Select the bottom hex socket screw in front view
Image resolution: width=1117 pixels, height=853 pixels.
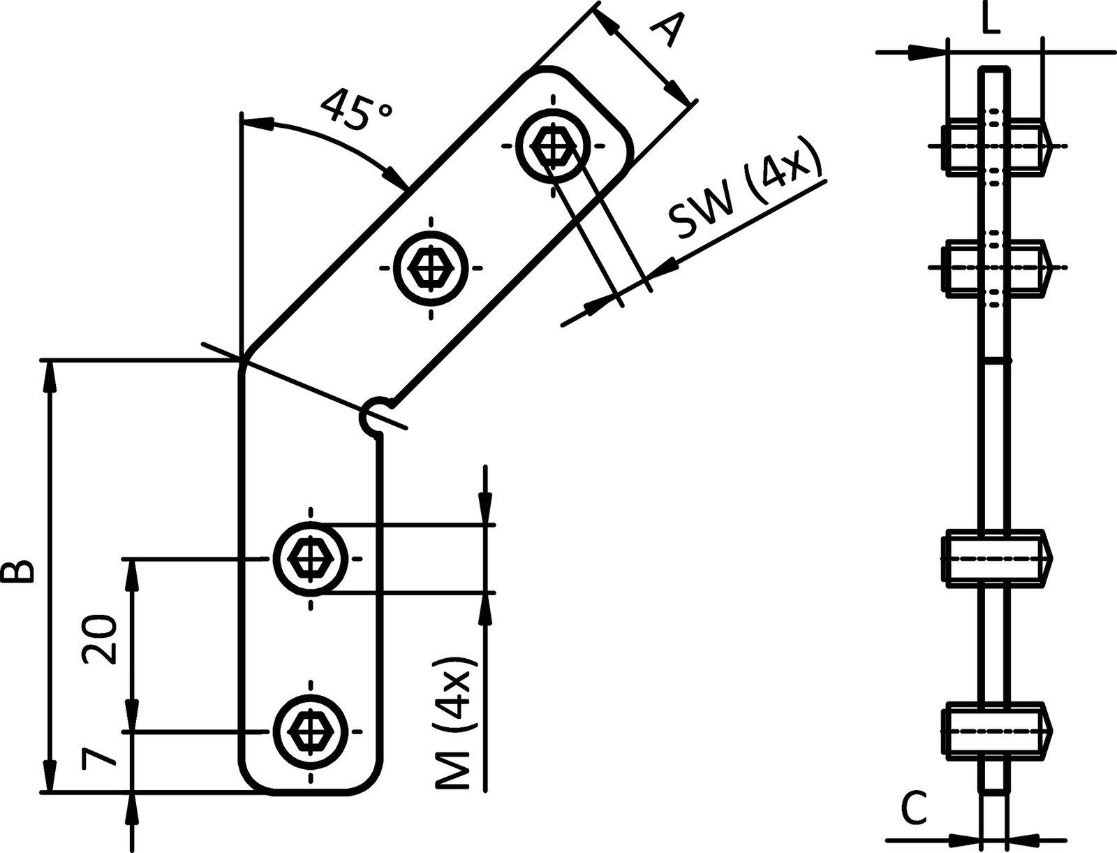click(309, 731)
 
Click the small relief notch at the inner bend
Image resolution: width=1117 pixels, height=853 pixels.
click(373, 416)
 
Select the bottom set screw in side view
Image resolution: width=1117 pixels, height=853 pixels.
click(996, 731)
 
